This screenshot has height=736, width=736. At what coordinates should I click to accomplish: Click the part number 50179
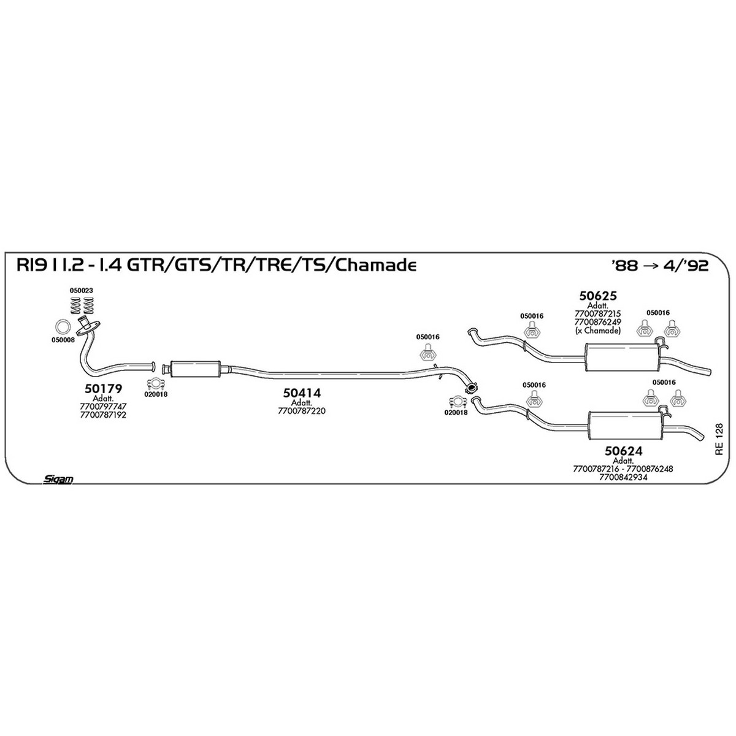(103, 389)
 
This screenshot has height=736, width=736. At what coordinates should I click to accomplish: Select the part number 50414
(302, 393)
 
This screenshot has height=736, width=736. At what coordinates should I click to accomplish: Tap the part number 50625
(598, 296)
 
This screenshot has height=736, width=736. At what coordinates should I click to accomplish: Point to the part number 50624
(623, 451)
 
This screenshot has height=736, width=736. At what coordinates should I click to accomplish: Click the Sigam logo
(58, 479)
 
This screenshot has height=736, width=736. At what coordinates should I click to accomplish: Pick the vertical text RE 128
(719, 439)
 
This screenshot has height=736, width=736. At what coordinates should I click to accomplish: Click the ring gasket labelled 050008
(63, 326)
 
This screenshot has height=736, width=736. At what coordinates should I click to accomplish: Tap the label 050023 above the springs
(81, 290)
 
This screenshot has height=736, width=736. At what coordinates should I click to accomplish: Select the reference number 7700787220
(302, 411)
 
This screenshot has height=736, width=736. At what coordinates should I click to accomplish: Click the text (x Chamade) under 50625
(598, 331)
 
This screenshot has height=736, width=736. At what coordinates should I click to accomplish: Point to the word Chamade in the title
(375, 265)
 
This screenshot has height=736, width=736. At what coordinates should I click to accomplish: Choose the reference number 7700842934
(623, 477)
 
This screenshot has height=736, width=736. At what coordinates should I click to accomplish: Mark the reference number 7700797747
(103, 407)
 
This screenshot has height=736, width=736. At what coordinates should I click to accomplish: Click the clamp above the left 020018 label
(155, 383)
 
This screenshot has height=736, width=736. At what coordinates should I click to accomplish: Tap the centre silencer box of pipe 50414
(195, 369)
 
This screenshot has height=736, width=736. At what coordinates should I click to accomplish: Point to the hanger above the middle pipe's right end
(427, 353)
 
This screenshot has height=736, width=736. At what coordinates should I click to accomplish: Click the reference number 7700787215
(598, 313)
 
